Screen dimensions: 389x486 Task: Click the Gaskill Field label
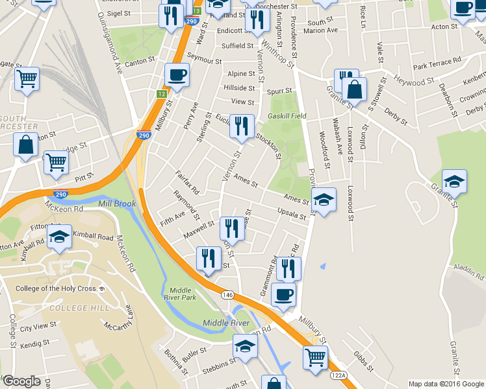click(287, 116)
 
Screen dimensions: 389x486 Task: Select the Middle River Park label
click(182, 294)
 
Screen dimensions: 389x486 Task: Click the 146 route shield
click(225, 294)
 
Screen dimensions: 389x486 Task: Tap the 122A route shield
click(338, 375)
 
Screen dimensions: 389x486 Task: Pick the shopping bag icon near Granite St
click(355, 89)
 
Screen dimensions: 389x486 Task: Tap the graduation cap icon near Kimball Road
click(60, 237)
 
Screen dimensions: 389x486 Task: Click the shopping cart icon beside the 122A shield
click(315, 356)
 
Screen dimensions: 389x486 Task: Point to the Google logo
click(21, 381)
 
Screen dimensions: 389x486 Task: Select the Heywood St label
click(415, 82)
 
